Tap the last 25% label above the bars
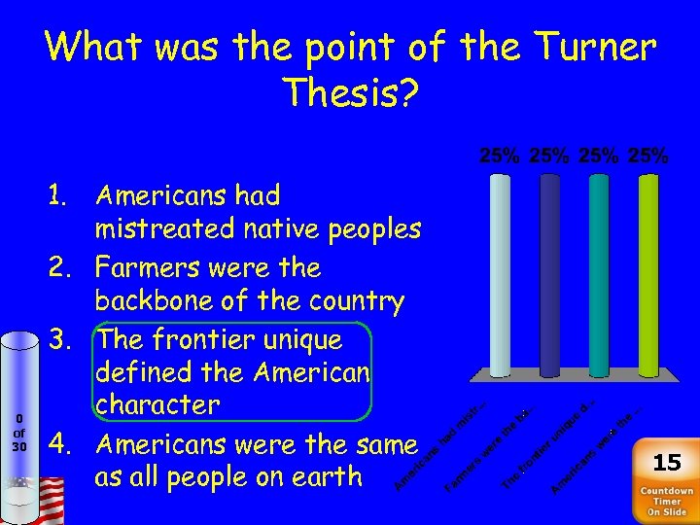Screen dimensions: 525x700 pos(648,156)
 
